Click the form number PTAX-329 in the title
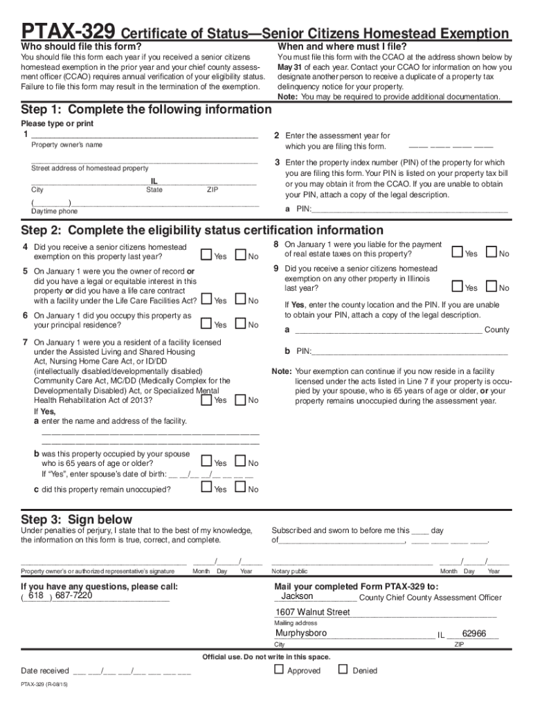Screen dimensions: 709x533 [x=69, y=32]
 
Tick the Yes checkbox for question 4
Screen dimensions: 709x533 [x=206, y=255]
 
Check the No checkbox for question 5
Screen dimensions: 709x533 [x=240, y=300]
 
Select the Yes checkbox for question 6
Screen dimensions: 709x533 [x=206, y=323]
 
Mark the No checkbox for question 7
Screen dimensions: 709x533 [x=240, y=400]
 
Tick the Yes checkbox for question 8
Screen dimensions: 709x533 [x=457, y=253]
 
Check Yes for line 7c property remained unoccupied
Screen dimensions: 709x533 [x=206, y=488]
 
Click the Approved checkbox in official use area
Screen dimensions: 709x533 [x=279, y=670]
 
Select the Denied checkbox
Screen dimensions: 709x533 [x=343, y=670]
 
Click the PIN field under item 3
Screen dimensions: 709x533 [x=409, y=209]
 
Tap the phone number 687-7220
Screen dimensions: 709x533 [x=73, y=595]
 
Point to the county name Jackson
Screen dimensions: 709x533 [x=297, y=596]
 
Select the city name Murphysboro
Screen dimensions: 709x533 [x=301, y=633]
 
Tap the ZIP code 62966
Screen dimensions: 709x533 [x=474, y=633]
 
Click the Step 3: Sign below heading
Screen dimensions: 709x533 [x=76, y=519]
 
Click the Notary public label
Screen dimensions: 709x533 [x=289, y=571]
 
